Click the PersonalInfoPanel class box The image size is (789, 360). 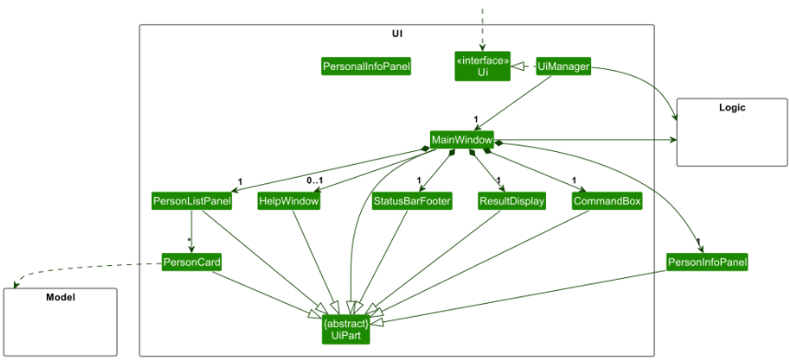[x=365, y=66]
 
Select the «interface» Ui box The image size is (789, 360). [x=482, y=66]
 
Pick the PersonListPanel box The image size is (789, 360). [x=191, y=201]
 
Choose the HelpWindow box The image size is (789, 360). [x=288, y=201]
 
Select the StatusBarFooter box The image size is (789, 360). [x=412, y=201]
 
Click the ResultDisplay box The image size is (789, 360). [x=512, y=201]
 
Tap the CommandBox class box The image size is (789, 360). [x=607, y=201]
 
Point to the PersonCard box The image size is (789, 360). [x=191, y=262]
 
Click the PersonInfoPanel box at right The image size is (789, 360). [x=707, y=262]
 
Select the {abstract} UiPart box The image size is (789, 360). [x=347, y=330]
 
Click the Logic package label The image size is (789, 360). [x=731, y=108]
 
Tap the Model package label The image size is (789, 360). [x=60, y=297]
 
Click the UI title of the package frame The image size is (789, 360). [x=396, y=34]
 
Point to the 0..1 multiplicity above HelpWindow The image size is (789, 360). [x=314, y=180]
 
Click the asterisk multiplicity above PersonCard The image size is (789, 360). [x=189, y=242]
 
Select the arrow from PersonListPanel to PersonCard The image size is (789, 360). [x=191, y=231]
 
